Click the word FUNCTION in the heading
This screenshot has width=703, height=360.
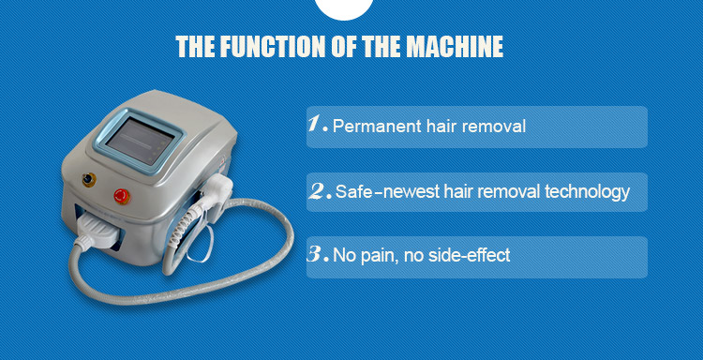point(271,46)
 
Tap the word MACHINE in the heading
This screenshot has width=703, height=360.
point(454,46)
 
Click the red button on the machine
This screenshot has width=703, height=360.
point(121,196)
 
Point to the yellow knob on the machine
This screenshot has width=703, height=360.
point(89,180)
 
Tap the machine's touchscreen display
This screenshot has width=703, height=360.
point(140,142)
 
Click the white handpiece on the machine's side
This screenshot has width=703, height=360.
point(216,195)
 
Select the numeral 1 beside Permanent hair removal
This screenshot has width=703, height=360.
point(319,124)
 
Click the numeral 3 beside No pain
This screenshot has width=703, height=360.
point(319,254)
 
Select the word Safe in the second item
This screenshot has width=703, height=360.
point(353,192)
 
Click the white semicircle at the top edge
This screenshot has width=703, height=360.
point(344,8)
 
